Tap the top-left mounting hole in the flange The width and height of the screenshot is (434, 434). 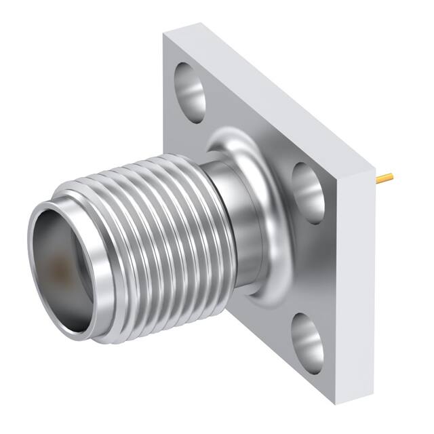point(190,93)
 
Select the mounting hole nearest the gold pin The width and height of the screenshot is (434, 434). point(309,193)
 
